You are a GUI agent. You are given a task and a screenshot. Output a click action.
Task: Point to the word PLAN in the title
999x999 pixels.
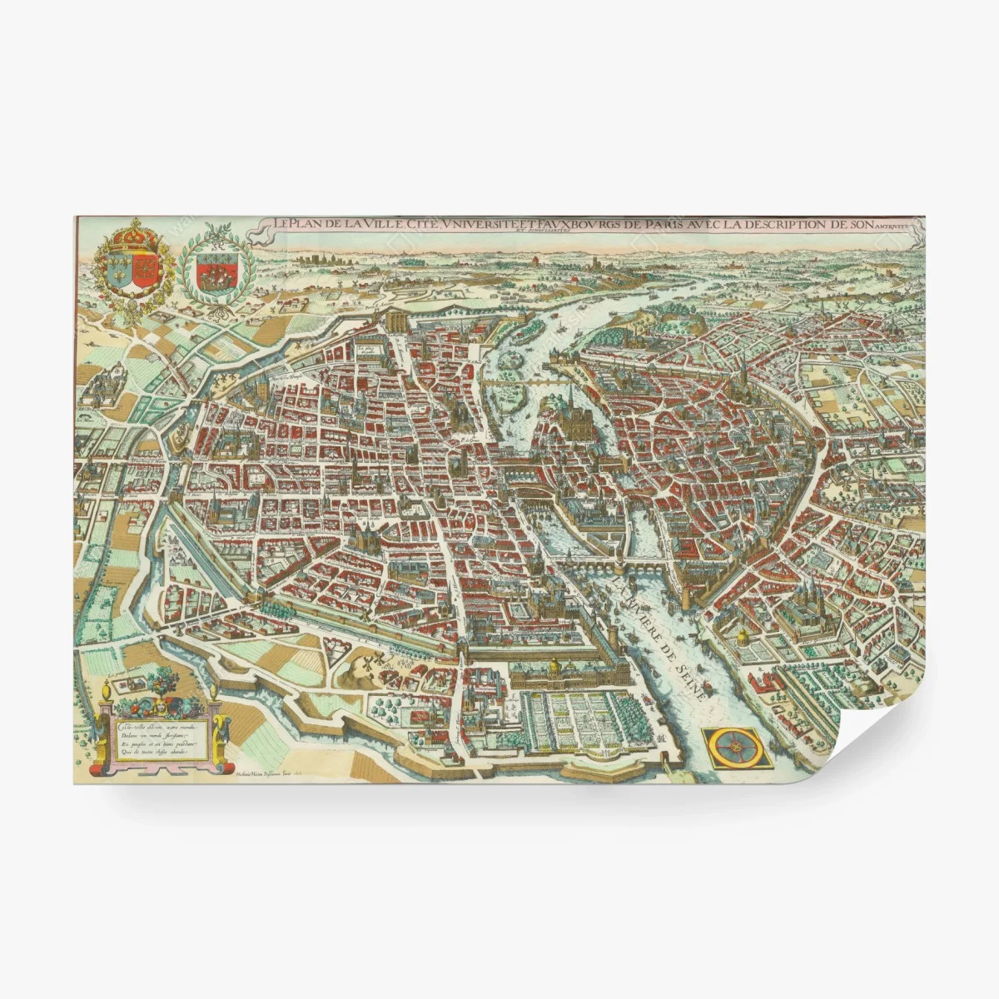click(x=307, y=224)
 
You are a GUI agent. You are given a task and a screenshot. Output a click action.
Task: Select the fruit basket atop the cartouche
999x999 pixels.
click(x=159, y=702)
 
